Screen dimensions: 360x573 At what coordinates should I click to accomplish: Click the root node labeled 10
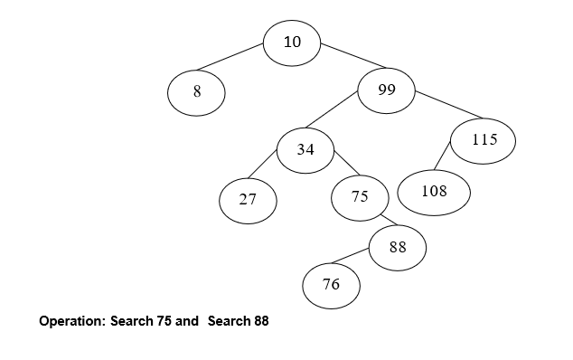click(292, 43)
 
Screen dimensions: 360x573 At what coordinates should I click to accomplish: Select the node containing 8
click(196, 92)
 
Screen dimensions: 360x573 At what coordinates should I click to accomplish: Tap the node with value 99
click(387, 90)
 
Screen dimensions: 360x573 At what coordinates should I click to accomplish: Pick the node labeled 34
click(305, 150)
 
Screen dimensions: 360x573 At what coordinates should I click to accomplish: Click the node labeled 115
click(484, 140)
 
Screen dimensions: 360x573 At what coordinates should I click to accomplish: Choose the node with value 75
click(360, 197)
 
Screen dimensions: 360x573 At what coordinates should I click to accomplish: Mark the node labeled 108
click(435, 192)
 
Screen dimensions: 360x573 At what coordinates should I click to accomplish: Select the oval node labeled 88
click(398, 246)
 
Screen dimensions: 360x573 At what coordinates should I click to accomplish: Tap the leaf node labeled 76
click(331, 285)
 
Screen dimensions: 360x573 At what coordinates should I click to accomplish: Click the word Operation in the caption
click(71, 321)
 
